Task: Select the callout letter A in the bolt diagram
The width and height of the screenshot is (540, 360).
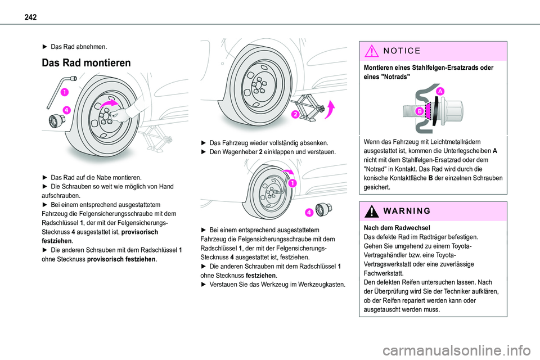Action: (439, 92)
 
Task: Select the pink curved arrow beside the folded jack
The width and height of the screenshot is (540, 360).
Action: (331, 109)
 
